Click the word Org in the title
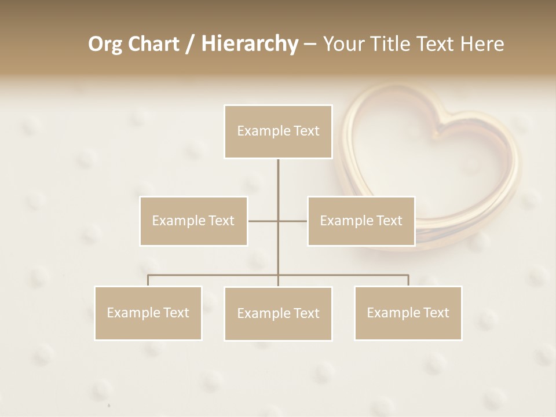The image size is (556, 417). pos(105,44)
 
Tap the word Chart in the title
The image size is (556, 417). pos(153,44)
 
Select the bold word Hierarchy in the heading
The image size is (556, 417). pos(249,44)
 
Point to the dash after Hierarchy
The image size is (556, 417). pos(310,44)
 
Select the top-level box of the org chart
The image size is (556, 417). pos(278,131)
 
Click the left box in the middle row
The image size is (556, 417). pos(193,221)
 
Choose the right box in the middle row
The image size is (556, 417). pos(361,221)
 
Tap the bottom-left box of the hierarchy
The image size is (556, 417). pos(148,313)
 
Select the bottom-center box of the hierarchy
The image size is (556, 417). pos(278,313)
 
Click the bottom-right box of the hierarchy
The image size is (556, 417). pos(408,313)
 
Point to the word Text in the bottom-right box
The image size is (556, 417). pos(435,313)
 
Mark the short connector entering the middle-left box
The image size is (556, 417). pos(262,221)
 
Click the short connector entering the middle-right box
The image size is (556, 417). pos(293,221)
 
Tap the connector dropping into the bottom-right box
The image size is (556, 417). pos(408,280)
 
